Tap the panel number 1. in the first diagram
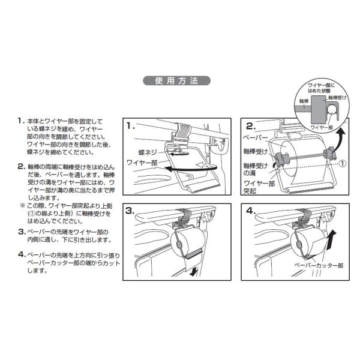[x=131, y=127]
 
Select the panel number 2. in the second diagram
[x=251, y=127]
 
